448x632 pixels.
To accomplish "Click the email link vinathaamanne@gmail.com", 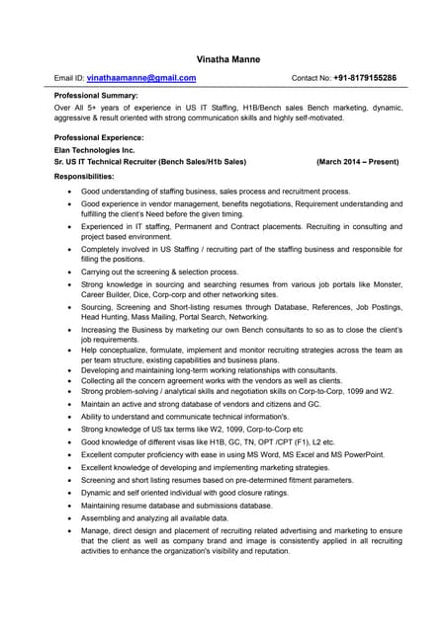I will point(140,77).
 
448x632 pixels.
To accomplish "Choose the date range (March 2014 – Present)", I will point(357,161).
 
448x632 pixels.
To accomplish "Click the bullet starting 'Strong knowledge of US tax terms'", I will point(178,429).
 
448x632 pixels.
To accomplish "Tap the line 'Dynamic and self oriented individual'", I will point(184,492).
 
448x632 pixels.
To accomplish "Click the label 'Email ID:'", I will point(69,77).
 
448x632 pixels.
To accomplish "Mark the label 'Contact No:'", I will point(311,77).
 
